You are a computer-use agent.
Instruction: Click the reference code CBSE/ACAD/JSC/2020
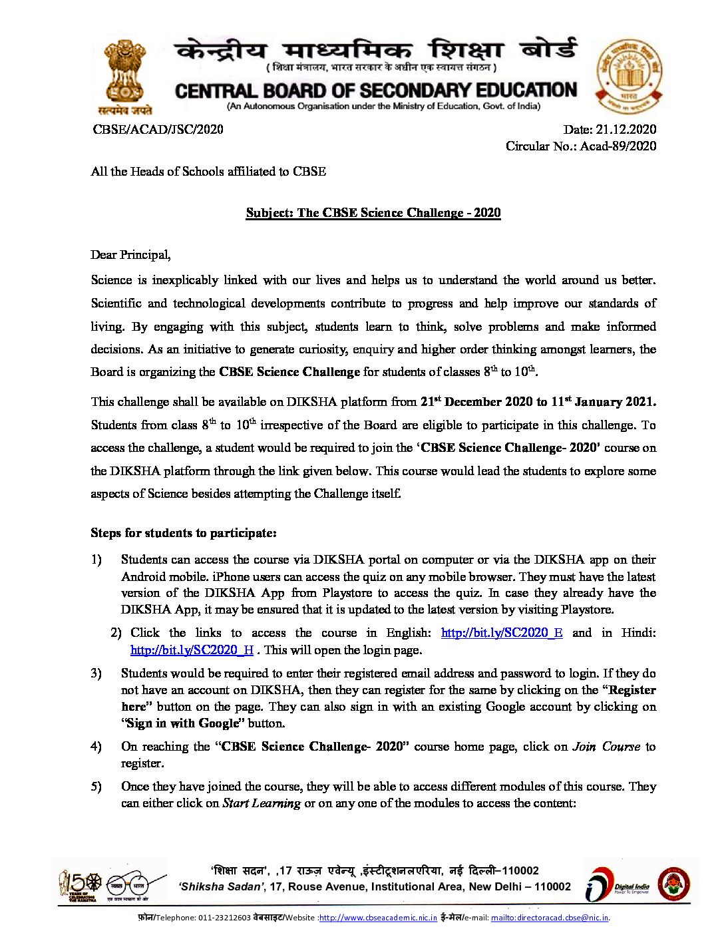(158, 130)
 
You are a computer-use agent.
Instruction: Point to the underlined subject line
(373, 213)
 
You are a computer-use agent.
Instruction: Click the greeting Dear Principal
(130, 255)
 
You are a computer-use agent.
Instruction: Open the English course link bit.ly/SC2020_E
(501, 633)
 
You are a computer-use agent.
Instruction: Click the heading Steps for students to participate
(184, 533)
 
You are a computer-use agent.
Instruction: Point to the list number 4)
(96, 747)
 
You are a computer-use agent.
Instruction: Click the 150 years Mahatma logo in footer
(79, 886)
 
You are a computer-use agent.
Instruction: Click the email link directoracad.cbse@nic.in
(550, 918)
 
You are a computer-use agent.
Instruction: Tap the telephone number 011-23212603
(224, 918)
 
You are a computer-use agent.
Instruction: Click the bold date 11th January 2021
(603, 402)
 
